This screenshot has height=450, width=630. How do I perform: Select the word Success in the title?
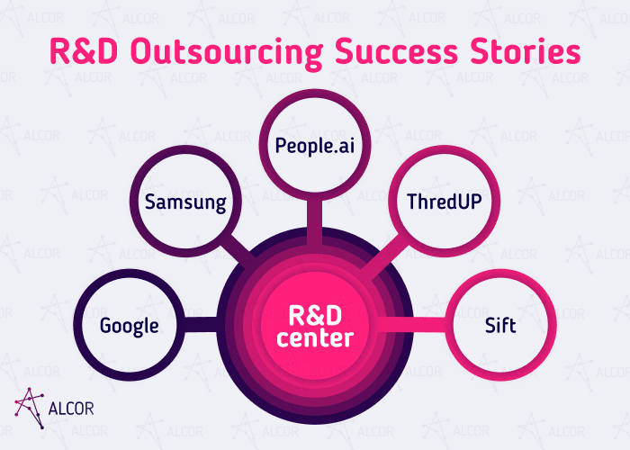(x=398, y=52)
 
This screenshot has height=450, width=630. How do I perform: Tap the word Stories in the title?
(x=528, y=52)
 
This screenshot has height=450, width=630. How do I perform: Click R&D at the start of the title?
(x=81, y=52)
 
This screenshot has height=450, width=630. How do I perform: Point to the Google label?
(x=130, y=326)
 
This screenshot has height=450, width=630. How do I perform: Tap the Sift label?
(x=500, y=326)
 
